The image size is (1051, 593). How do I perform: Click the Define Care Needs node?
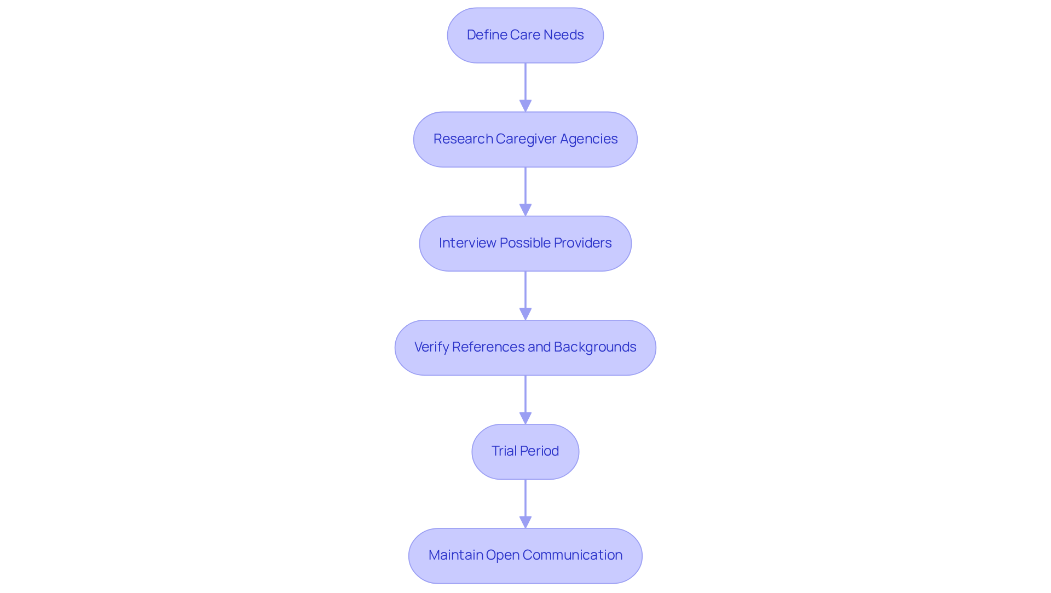pyautogui.click(x=525, y=35)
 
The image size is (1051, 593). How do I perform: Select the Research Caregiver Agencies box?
pyautogui.click(x=525, y=139)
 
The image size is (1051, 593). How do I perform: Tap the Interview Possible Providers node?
pyautogui.click(x=525, y=243)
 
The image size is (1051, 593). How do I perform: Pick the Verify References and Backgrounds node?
pyautogui.click(x=525, y=347)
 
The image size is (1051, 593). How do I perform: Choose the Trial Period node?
pyautogui.click(x=525, y=451)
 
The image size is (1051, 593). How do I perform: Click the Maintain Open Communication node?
pyautogui.click(x=525, y=555)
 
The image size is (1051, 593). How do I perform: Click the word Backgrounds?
pyautogui.click(x=595, y=347)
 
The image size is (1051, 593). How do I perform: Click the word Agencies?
pyautogui.click(x=588, y=139)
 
